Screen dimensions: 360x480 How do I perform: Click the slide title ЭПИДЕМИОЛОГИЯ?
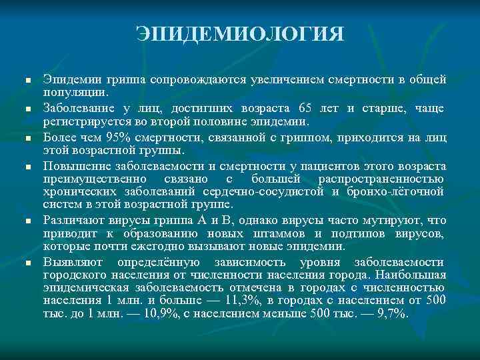pyautogui.click(x=240, y=34)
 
